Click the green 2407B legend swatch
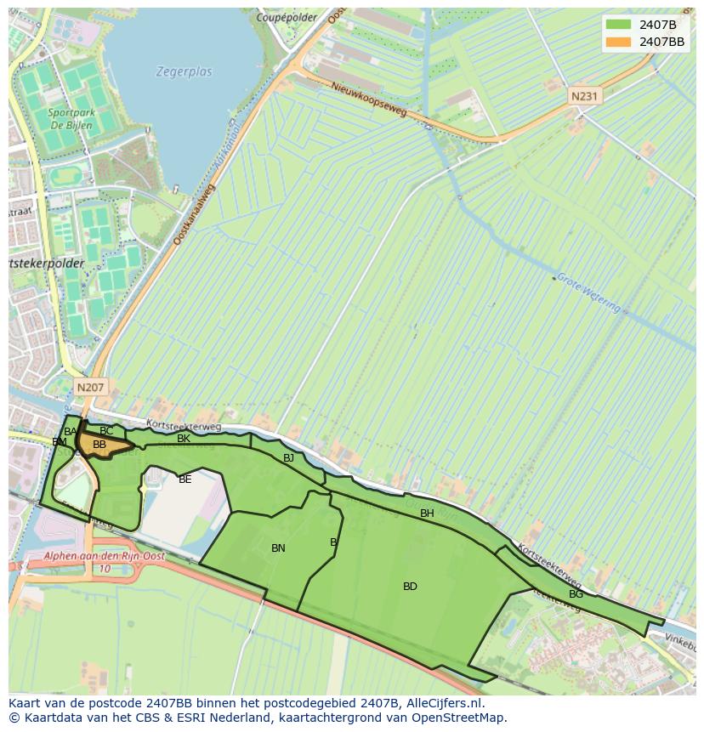[x=618, y=25]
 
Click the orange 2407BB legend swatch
[x=618, y=42]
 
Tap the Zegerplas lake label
[x=184, y=72]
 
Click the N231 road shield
[x=584, y=96]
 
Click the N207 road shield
[x=90, y=387]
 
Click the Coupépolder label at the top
[x=287, y=17]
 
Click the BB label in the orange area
[x=99, y=445]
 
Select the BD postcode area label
[x=410, y=587]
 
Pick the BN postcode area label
[x=278, y=548]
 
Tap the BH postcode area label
[x=427, y=514]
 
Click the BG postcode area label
[x=576, y=594]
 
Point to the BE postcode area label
[x=185, y=479]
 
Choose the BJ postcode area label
[x=288, y=458]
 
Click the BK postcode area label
[x=184, y=439]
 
